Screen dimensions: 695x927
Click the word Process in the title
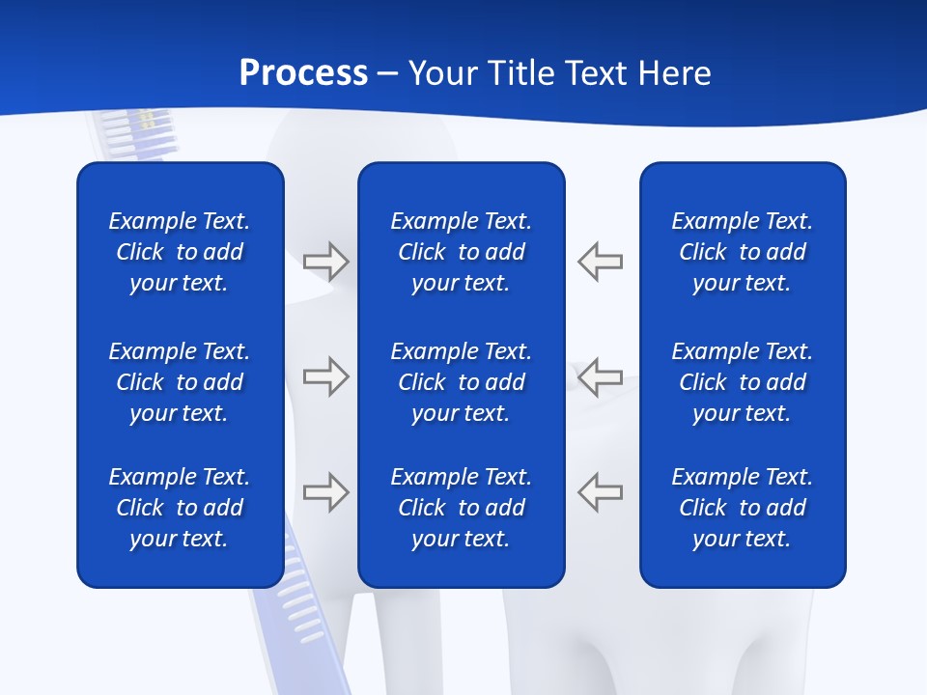tap(303, 73)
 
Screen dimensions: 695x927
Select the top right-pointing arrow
tap(325, 261)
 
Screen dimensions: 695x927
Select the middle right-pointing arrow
tap(325, 375)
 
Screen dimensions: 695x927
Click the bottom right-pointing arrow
tap(325, 492)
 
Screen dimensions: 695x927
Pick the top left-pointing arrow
tap(600, 261)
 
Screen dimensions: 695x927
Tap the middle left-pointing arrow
tap(600, 375)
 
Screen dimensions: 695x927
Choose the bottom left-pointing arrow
tap(600, 492)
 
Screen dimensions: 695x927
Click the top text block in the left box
tap(180, 252)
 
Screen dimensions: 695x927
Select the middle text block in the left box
tap(180, 382)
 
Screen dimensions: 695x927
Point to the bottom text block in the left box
tap(180, 508)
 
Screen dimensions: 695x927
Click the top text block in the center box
tap(462, 252)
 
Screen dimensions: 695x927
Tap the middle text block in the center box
tap(462, 382)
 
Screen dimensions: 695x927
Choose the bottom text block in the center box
tap(462, 508)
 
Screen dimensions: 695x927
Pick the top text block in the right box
tap(743, 252)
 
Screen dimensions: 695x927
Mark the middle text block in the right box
tap(743, 382)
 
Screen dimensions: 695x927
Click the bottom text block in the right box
tap(743, 508)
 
